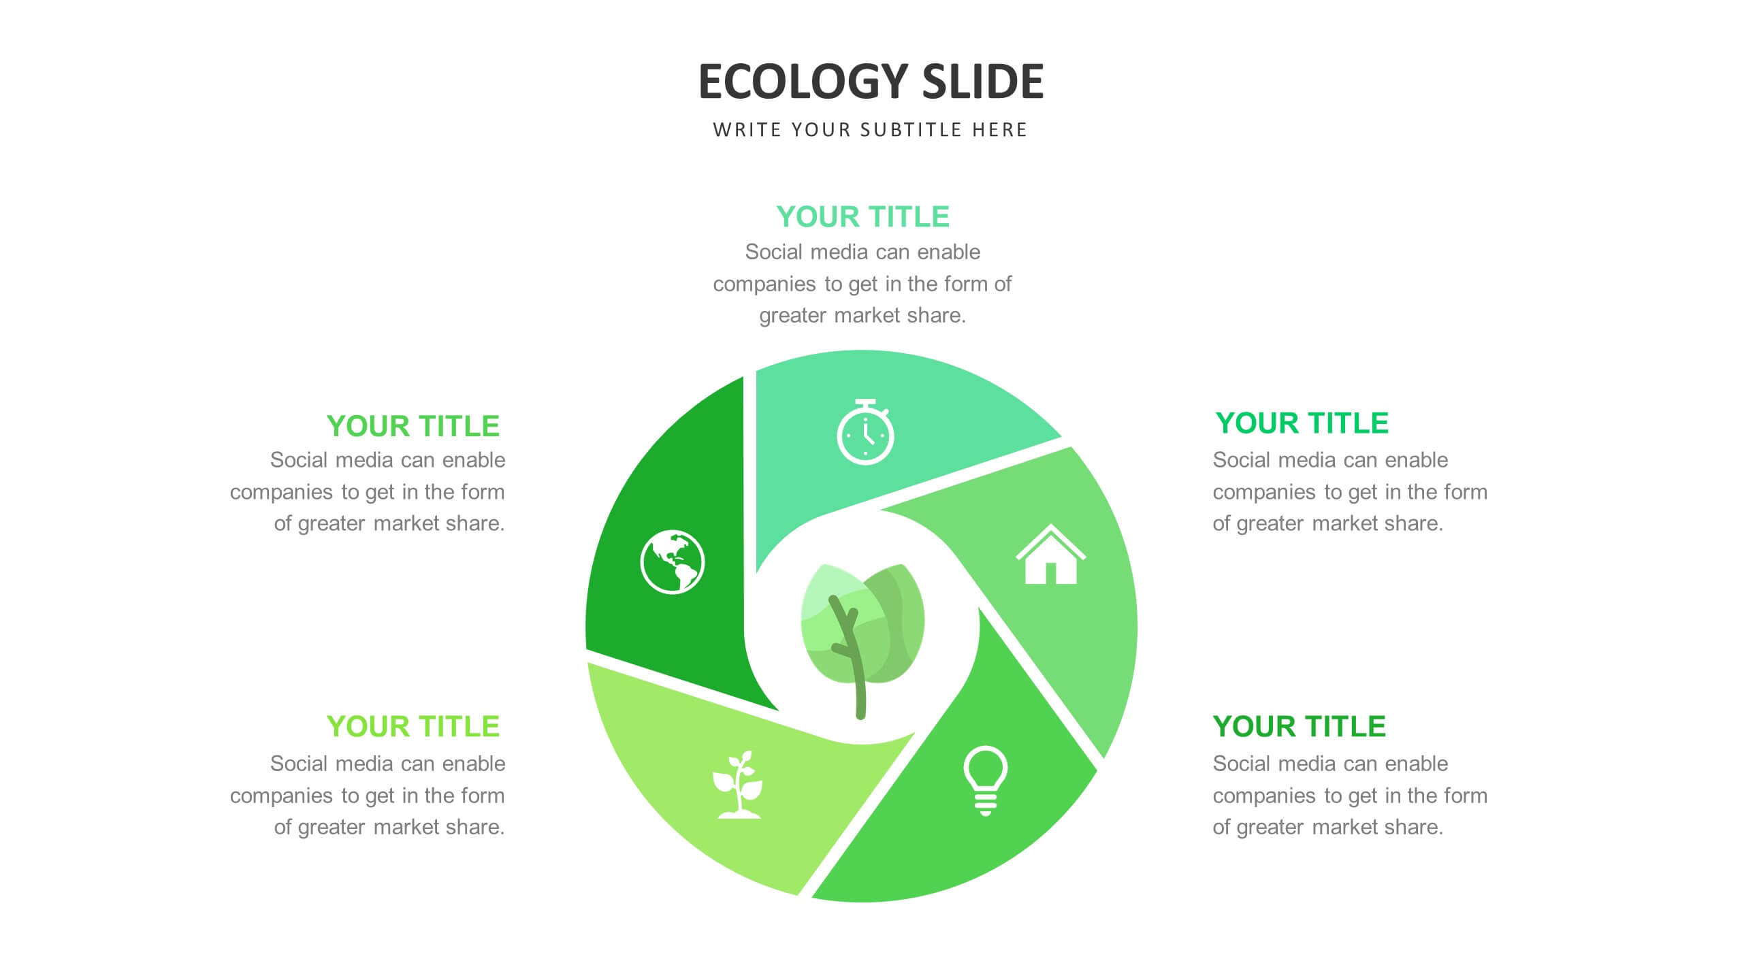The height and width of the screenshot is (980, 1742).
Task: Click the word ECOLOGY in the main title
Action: (x=803, y=82)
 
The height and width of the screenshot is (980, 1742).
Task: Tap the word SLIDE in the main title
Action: (x=982, y=82)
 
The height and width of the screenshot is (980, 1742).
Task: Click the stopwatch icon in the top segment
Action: (x=865, y=432)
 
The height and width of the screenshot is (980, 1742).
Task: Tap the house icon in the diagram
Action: (x=1050, y=554)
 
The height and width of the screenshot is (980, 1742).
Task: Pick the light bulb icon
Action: (x=985, y=781)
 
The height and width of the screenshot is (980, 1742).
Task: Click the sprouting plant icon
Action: (x=738, y=784)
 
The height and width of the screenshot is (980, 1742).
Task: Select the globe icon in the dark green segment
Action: (x=673, y=562)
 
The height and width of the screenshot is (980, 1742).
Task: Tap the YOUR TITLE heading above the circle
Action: (x=862, y=217)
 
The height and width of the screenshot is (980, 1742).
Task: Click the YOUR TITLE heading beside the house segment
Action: (x=1302, y=423)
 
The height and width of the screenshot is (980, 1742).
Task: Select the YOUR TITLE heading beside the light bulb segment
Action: (x=1299, y=727)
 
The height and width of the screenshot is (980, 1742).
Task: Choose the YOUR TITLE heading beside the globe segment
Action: (x=413, y=426)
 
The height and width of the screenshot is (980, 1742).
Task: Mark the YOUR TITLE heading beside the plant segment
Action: (x=413, y=727)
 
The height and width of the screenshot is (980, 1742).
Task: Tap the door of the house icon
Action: (x=1050, y=573)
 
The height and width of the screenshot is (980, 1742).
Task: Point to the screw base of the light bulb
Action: (x=985, y=804)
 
